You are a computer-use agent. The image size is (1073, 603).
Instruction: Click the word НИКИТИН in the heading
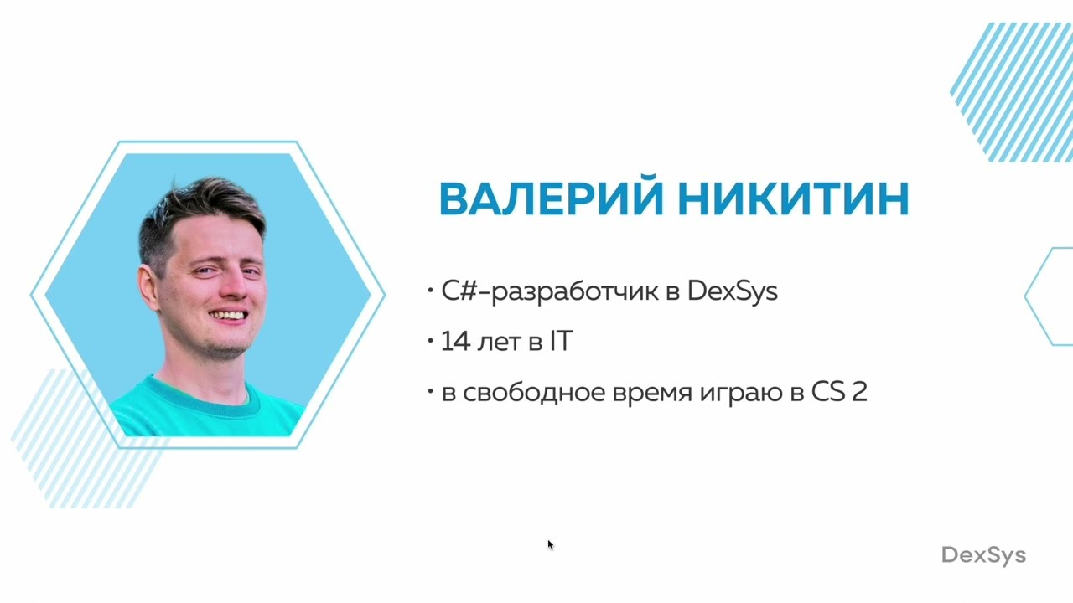(793, 199)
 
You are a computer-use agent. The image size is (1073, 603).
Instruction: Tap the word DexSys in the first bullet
(732, 291)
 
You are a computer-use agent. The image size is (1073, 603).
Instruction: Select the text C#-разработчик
(546, 291)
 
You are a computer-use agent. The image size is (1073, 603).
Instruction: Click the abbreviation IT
(561, 342)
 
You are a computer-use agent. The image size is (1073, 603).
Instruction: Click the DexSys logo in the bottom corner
(983, 555)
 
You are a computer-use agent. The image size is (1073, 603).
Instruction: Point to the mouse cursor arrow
(550, 544)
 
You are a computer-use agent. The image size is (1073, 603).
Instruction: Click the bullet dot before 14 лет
(430, 342)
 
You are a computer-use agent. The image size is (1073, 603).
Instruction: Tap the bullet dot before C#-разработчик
(430, 291)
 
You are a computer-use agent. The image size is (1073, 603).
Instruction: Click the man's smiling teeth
(228, 316)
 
